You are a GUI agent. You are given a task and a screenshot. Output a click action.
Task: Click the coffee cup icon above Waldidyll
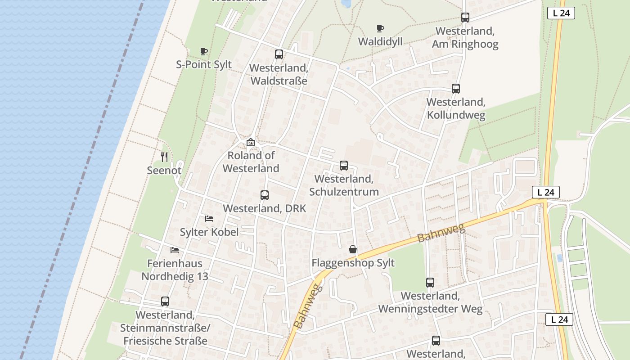[380, 28]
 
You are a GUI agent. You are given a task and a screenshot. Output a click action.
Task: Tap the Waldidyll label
[380, 41]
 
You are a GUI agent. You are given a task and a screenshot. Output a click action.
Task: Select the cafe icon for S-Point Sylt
[204, 51]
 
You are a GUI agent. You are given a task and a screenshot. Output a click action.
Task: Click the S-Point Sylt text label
[204, 64]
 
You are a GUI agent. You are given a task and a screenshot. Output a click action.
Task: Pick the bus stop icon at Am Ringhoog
[465, 18]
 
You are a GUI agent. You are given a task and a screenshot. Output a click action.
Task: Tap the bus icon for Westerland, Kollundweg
[456, 89]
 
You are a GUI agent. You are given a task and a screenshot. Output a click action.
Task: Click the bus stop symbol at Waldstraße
[279, 54]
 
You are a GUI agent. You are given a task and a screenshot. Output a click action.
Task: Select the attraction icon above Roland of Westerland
[251, 142]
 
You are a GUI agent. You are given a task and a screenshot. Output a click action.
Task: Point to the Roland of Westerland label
[251, 162]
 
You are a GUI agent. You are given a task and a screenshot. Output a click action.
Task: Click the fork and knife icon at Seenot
[164, 157]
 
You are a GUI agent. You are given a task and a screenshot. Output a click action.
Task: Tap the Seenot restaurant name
[164, 171]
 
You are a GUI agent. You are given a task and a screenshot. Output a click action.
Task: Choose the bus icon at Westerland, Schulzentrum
[344, 166]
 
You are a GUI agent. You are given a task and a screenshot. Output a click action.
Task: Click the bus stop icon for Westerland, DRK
[265, 195]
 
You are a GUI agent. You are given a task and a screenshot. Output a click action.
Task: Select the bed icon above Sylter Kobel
[209, 219]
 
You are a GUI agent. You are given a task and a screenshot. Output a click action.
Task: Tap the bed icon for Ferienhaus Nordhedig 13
[175, 250]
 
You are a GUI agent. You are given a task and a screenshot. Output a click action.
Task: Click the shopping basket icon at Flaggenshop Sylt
[353, 249]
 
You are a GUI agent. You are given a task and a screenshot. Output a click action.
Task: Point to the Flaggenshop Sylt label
[353, 263]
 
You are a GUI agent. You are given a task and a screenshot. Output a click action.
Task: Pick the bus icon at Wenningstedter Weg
[430, 283]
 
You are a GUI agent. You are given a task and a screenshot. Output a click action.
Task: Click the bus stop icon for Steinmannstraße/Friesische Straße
[165, 301]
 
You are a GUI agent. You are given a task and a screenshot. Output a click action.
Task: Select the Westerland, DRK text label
[265, 209]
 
